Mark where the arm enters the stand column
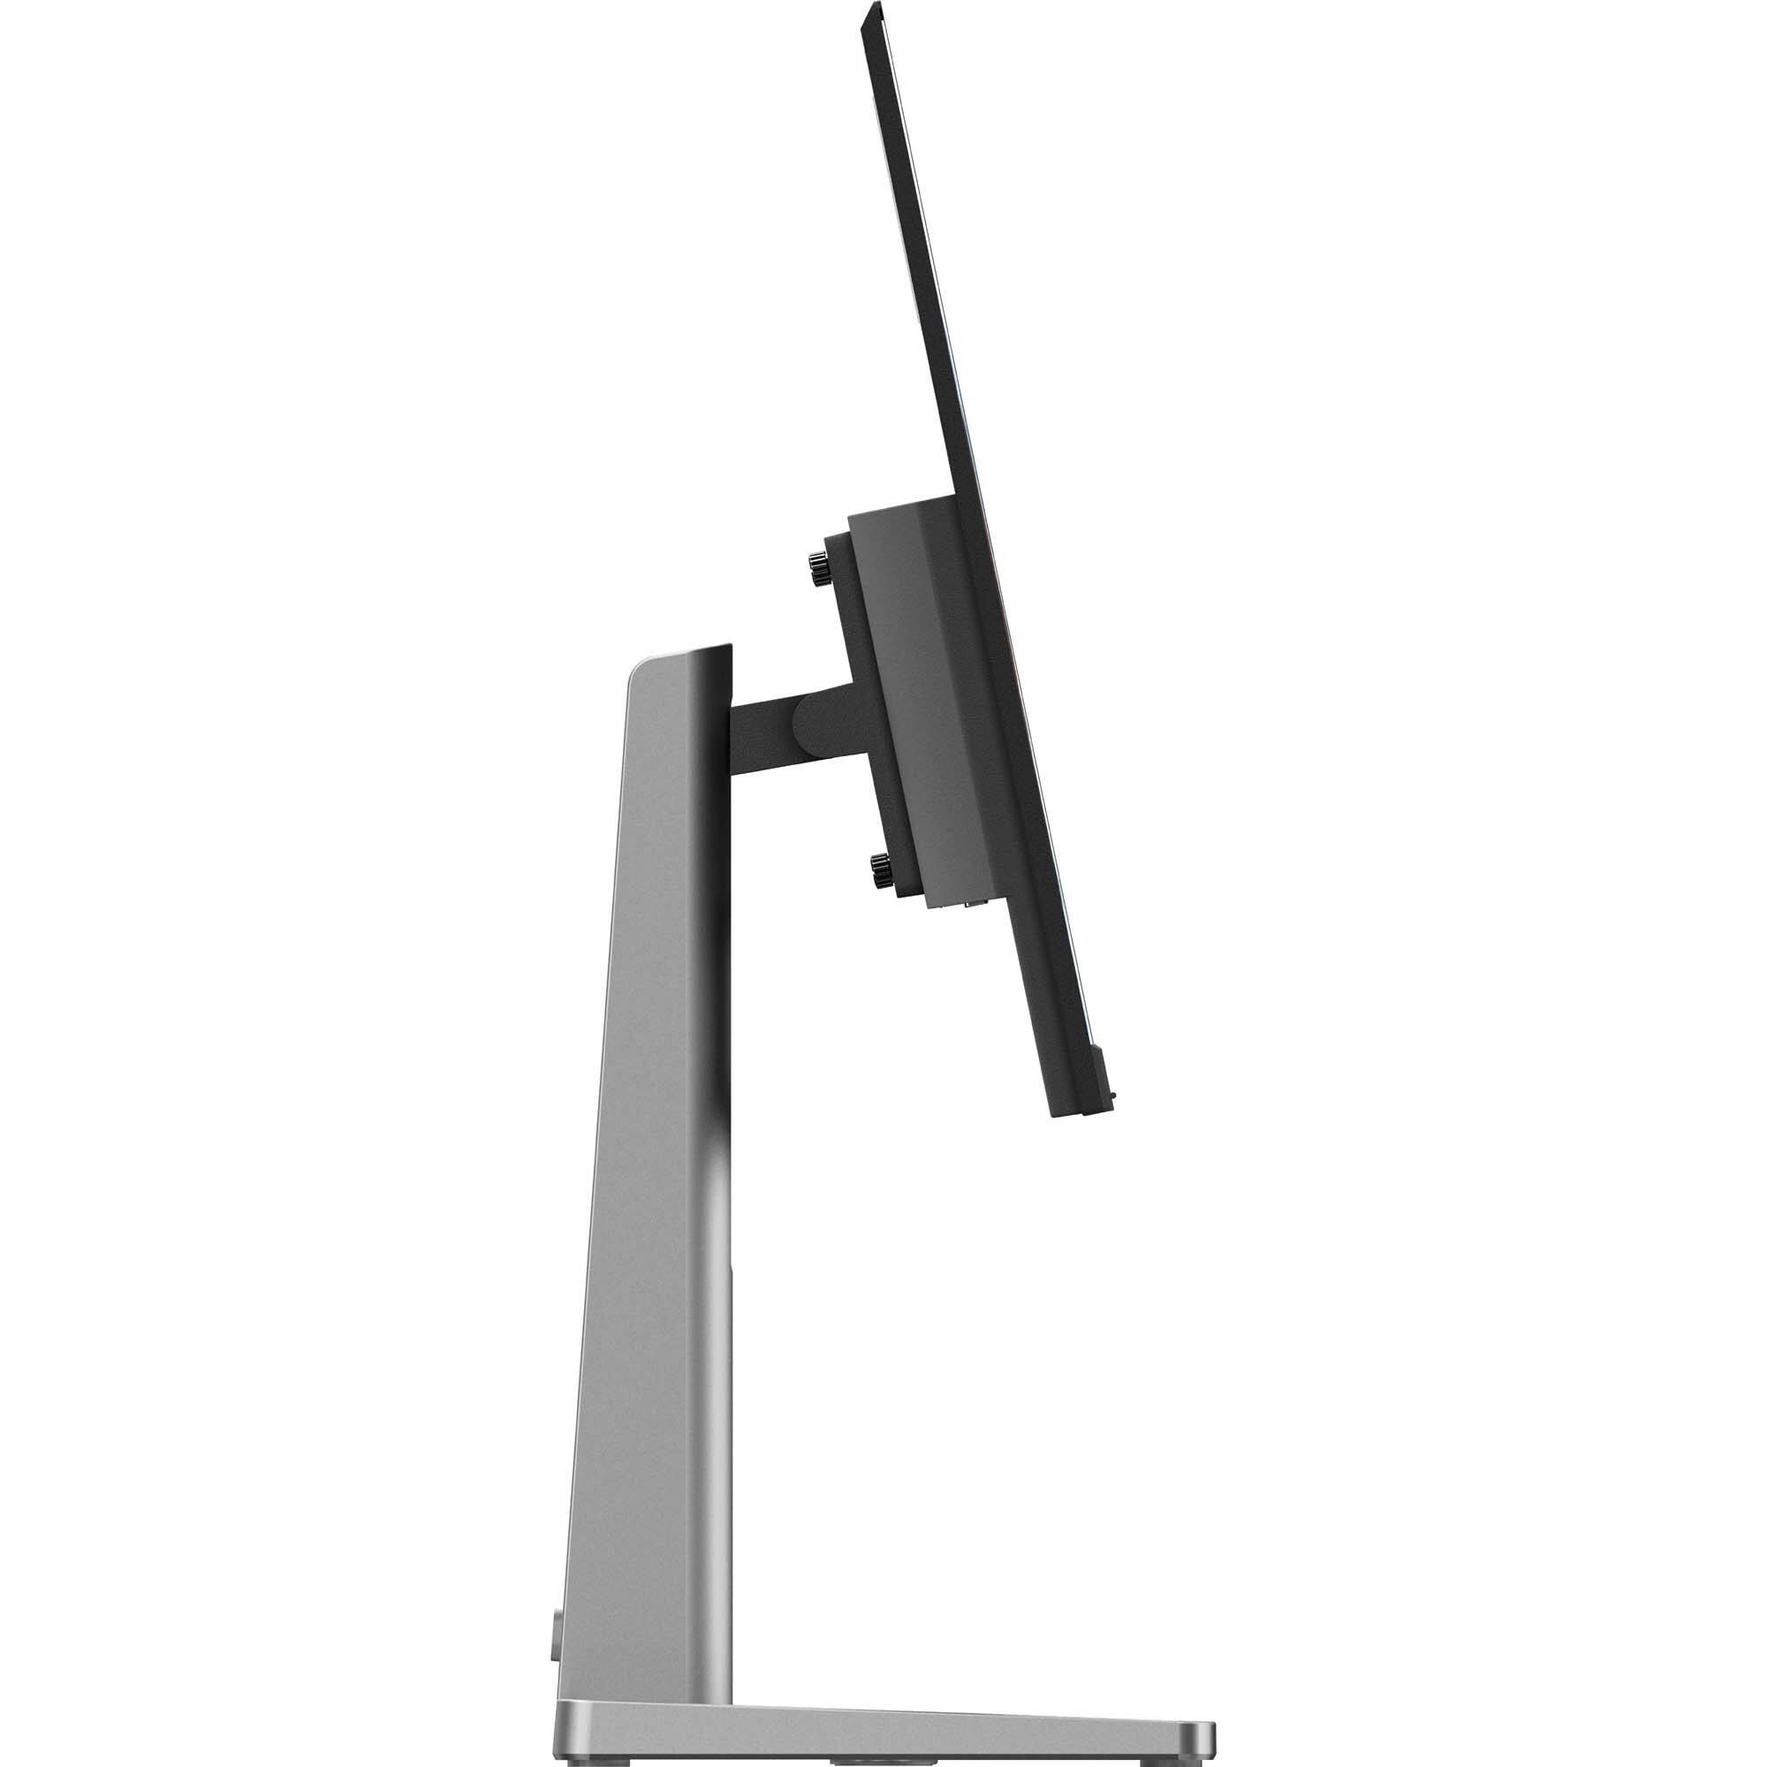(732, 723)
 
